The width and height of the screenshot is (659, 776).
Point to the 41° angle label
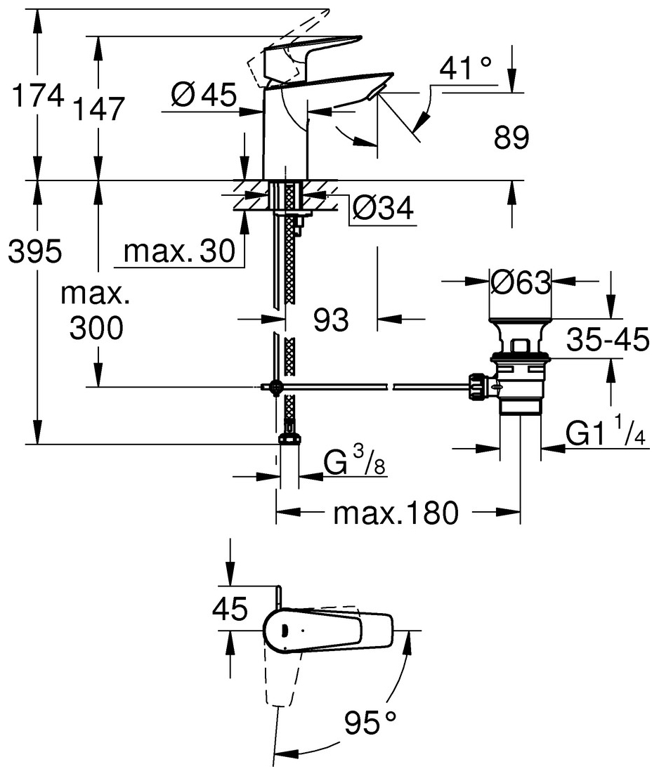click(x=466, y=69)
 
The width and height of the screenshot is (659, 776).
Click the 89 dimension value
click(x=511, y=138)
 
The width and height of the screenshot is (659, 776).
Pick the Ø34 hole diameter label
click(x=382, y=209)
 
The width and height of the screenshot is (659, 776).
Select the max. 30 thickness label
click(x=178, y=251)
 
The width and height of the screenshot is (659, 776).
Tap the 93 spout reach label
click(x=331, y=320)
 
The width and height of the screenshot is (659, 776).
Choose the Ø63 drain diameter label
click(x=520, y=283)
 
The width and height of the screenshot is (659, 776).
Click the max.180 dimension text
click(x=396, y=513)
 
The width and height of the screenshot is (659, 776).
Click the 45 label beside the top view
click(x=230, y=609)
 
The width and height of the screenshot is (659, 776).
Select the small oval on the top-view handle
click(x=283, y=629)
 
